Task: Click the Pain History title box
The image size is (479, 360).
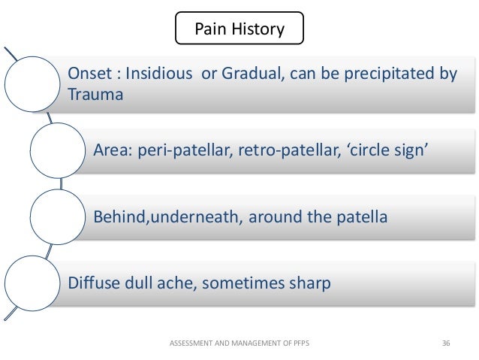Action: [x=239, y=28]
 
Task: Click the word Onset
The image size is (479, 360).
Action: [x=89, y=74]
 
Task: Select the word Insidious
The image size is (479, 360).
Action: [x=159, y=74]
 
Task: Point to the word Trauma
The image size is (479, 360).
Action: [x=95, y=94]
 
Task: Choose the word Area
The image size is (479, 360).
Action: [x=113, y=150]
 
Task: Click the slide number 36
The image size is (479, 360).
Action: [x=446, y=343]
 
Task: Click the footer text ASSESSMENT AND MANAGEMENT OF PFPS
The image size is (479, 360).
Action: [x=239, y=343]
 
